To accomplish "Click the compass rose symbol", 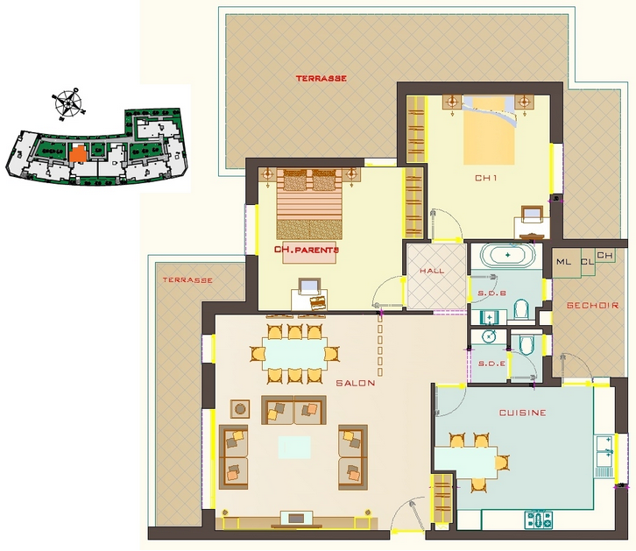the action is coord(68,103).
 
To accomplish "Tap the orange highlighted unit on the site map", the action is coord(77,153).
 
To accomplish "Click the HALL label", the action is coord(432,271).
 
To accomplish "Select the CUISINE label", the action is coord(522,413).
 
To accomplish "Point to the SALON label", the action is coord(356,383).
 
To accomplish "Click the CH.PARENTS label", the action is coord(307,250).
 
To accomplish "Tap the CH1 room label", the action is coord(486,178).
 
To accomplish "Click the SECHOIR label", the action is coord(592,306).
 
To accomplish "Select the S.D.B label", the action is coord(491,293).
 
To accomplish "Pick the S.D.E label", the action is coord(491,364).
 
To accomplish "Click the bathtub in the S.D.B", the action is coord(507,256).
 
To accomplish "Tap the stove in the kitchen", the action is coord(539,519).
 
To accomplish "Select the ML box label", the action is coord(563,262).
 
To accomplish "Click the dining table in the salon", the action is coord(295,354).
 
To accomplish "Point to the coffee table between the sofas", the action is coord(294,448).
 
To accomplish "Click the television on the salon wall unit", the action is coord(296,519).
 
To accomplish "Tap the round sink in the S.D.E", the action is coord(490,336).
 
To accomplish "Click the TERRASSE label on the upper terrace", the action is coord(321,78).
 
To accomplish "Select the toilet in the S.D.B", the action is coord(521,309).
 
